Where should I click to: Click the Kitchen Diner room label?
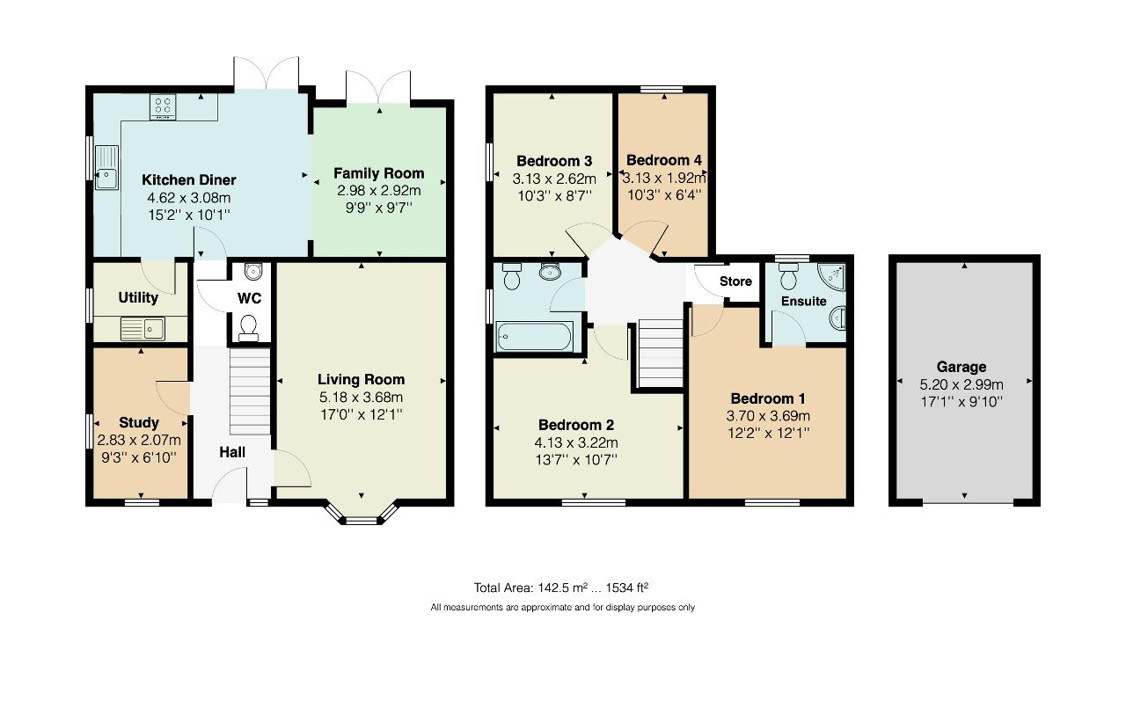click(x=188, y=180)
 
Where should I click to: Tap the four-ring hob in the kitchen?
click(x=163, y=107)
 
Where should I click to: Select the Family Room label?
click(x=378, y=173)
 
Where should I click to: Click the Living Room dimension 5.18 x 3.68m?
click(x=361, y=397)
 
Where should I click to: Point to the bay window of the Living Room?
click(x=362, y=514)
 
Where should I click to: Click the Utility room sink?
click(x=143, y=329)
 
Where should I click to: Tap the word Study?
click(x=139, y=422)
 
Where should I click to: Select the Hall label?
click(x=232, y=452)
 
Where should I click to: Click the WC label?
click(x=249, y=298)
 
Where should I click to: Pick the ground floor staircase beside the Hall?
click(x=250, y=392)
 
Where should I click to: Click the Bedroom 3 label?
click(x=554, y=161)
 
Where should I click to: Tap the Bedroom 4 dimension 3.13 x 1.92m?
click(x=664, y=178)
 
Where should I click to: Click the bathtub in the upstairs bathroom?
click(x=534, y=337)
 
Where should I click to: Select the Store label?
click(x=735, y=281)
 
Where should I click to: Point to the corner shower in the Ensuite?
click(x=831, y=277)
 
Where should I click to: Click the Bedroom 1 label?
click(x=768, y=399)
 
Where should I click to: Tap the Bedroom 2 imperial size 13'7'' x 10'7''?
click(x=576, y=460)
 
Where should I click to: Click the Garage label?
click(x=961, y=367)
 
